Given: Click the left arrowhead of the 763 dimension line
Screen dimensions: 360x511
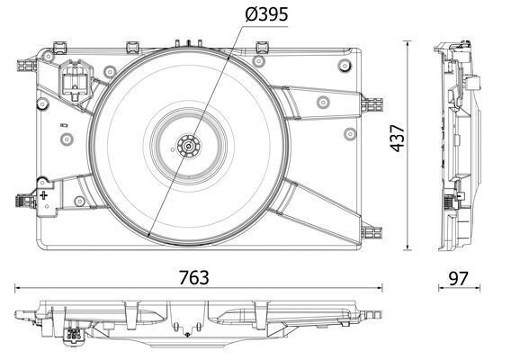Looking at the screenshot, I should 18,289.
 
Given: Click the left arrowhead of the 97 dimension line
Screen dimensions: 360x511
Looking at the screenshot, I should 440,289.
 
